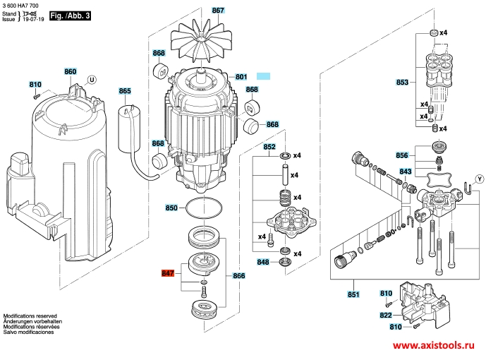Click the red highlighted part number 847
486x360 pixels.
168,273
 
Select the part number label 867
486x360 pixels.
218,10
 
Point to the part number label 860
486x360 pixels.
71,71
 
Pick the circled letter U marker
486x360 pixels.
92,80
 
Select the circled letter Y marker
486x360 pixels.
480,179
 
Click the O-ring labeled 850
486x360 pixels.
204,208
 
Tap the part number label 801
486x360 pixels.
241,77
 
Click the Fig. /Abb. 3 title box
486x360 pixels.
71,16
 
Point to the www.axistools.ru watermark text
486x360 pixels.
434,345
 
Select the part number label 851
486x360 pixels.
353,294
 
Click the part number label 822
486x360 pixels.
386,315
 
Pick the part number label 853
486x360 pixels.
402,82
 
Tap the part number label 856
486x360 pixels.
401,155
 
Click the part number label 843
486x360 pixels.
406,172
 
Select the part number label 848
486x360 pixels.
263,262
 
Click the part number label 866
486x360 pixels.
238,275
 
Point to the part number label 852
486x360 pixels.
269,146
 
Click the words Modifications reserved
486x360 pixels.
30,316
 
